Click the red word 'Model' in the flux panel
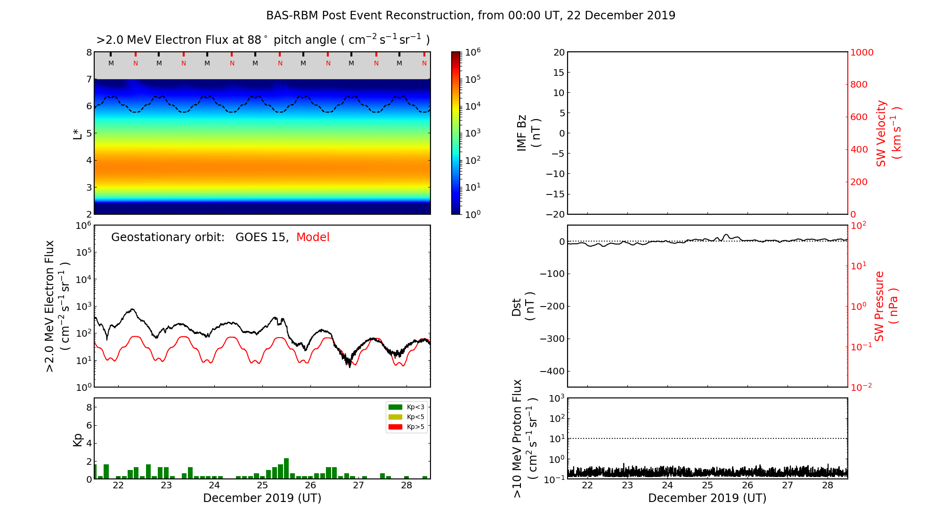click(313, 237)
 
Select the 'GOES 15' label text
click(261, 237)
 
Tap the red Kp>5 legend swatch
click(395, 427)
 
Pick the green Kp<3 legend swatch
click(395, 407)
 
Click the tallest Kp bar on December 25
click(286, 469)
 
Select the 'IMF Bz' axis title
click(522, 133)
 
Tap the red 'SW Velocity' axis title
click(881, 133)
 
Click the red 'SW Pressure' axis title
click(879, 306)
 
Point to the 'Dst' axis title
click(517, 307)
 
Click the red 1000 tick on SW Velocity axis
click(862, 52)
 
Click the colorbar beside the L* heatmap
click(456, 133)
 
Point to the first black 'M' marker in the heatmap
click(111, 63)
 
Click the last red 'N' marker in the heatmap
click(424, 63)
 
